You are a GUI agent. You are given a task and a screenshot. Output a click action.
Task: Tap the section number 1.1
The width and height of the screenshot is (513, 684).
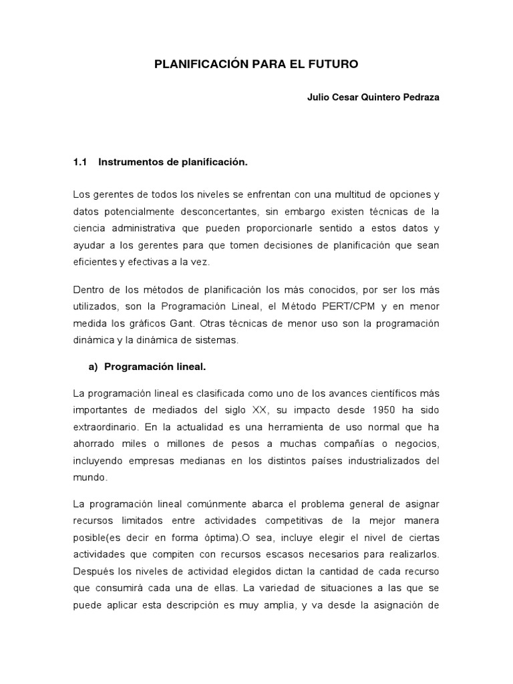click(80, 162)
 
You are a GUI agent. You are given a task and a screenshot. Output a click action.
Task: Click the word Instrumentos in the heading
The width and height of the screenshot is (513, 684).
click(129, 162)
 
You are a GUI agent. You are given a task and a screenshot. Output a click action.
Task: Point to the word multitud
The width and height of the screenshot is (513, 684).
click(340, 194)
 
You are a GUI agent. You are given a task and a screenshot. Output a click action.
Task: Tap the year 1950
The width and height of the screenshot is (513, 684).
click(370, 409)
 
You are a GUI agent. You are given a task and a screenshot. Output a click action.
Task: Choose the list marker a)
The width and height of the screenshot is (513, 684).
click(94, 367)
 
